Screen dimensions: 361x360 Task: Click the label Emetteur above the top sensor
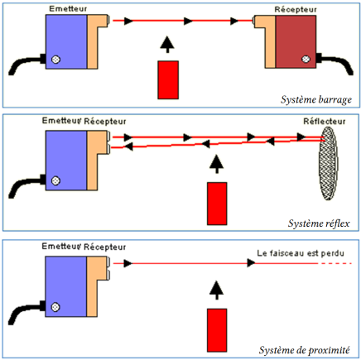point(68,9)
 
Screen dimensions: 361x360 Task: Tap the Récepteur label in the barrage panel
point(296,9)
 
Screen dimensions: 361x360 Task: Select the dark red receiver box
point(296,41)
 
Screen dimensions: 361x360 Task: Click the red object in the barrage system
point(168,79)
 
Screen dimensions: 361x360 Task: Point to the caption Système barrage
point(316,99)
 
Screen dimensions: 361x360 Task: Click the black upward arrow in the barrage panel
point(167,44)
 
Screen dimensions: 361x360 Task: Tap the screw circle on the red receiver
point(306,59)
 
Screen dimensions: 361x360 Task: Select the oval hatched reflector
point(327,163)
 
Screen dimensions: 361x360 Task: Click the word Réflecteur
point(325,122)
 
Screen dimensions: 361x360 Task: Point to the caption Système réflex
point(319,223)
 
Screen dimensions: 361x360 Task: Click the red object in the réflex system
point(217,204)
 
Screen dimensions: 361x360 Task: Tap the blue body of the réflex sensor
point(66,161)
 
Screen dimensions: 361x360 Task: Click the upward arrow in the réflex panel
point(216,164)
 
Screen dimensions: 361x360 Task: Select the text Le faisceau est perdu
point(301,253)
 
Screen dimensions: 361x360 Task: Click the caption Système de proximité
point(304,350)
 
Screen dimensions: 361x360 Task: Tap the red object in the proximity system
point(217,330)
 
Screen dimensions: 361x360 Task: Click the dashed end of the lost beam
point(335,263)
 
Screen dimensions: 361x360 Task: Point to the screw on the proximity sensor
point(55,307)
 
